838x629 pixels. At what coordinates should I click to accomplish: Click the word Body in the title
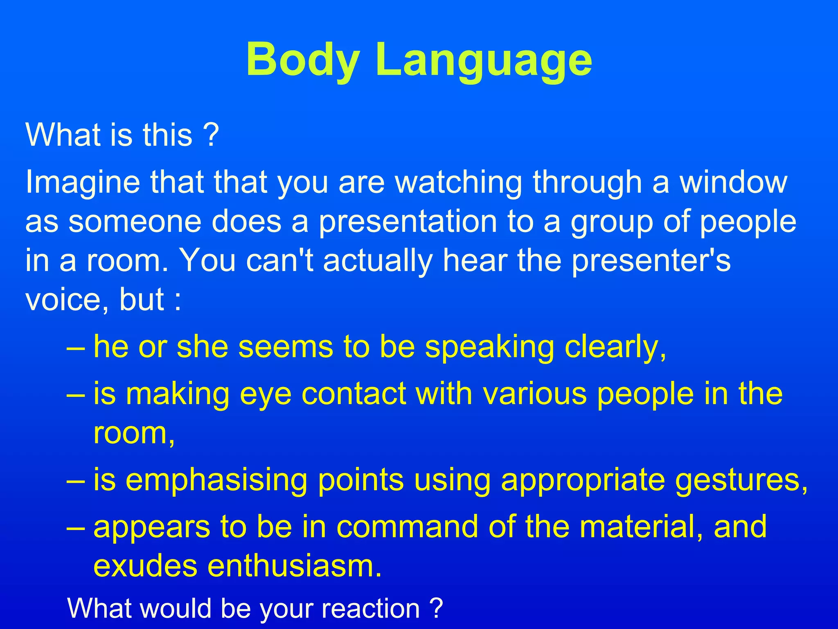303,60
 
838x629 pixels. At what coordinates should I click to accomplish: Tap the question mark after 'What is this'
211,135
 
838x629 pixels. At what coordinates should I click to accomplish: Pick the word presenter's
651,260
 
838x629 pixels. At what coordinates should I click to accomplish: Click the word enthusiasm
295,566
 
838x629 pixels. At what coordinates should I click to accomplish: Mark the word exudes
145,566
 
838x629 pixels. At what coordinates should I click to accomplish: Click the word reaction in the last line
371,609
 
